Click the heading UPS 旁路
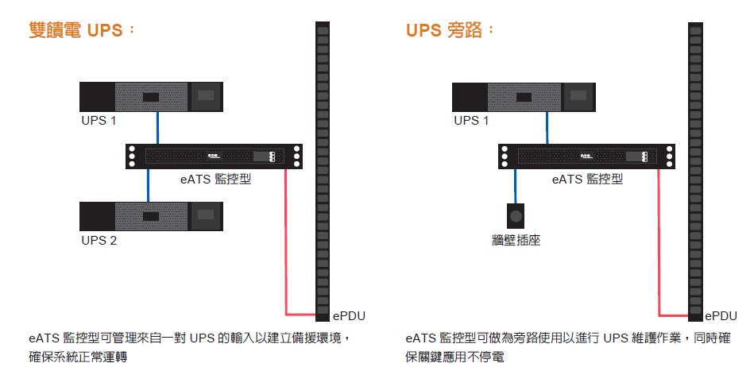point(450,31)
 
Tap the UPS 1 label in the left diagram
point(99,121)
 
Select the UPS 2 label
point(99,240)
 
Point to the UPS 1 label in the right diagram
point(471,121)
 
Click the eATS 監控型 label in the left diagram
point(215,180)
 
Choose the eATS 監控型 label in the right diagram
point(587,180)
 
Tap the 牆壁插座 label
point(516,239)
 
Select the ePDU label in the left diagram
point(349,315)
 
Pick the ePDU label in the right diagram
point(721,315)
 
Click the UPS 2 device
point(151,215)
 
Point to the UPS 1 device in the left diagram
point(151,97)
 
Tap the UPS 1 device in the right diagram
point(524,97)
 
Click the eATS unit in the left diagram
point(215,156)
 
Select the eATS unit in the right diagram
point(587,156)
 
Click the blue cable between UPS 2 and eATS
point(149,185)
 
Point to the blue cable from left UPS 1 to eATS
point(157,127)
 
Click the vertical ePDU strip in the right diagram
point(695,159)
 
